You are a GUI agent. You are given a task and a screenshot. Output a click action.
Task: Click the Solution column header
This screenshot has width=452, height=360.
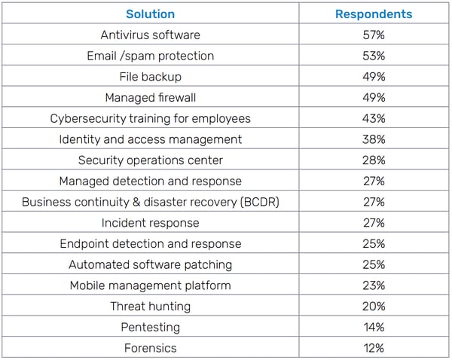(150, 14)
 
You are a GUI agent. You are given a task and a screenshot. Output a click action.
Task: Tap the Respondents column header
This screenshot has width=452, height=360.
(374, 14)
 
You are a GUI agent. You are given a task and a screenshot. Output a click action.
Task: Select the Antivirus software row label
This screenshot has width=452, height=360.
(150, 35)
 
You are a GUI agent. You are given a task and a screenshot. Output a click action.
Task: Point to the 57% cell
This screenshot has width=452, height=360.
(374, 35)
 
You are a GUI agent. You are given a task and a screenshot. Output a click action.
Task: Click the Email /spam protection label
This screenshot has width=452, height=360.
(150, 56)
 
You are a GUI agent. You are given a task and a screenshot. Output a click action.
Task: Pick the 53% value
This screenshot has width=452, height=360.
(374, 56)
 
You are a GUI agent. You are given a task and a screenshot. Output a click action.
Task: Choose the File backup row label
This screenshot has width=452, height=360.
(150, 77)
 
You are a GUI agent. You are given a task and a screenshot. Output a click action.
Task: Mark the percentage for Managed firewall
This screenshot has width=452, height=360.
(374, 98)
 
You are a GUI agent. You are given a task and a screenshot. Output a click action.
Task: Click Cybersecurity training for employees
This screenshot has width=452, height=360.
(150, 118)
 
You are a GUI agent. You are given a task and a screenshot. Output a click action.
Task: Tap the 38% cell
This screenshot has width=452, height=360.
(374, 139)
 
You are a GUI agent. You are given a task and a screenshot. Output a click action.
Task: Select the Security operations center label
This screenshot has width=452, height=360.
(150, 160)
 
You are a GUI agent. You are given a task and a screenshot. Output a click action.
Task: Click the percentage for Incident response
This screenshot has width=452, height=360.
(374, 223)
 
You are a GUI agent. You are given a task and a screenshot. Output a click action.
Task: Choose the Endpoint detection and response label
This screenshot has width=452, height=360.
(150, 244)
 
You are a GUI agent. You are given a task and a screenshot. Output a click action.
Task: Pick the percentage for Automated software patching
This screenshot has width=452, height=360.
(374, 264)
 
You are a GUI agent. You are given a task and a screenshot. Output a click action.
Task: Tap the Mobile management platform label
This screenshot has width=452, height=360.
(150, 285)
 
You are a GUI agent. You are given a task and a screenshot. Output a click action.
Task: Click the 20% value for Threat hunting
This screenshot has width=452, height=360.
(374, 307)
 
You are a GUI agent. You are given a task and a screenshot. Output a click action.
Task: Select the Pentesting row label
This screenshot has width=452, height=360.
(150, 327)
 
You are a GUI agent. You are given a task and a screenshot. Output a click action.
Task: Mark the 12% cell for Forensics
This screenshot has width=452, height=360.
(374, 348)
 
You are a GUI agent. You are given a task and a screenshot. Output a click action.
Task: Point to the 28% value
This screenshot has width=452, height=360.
(374, 160)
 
